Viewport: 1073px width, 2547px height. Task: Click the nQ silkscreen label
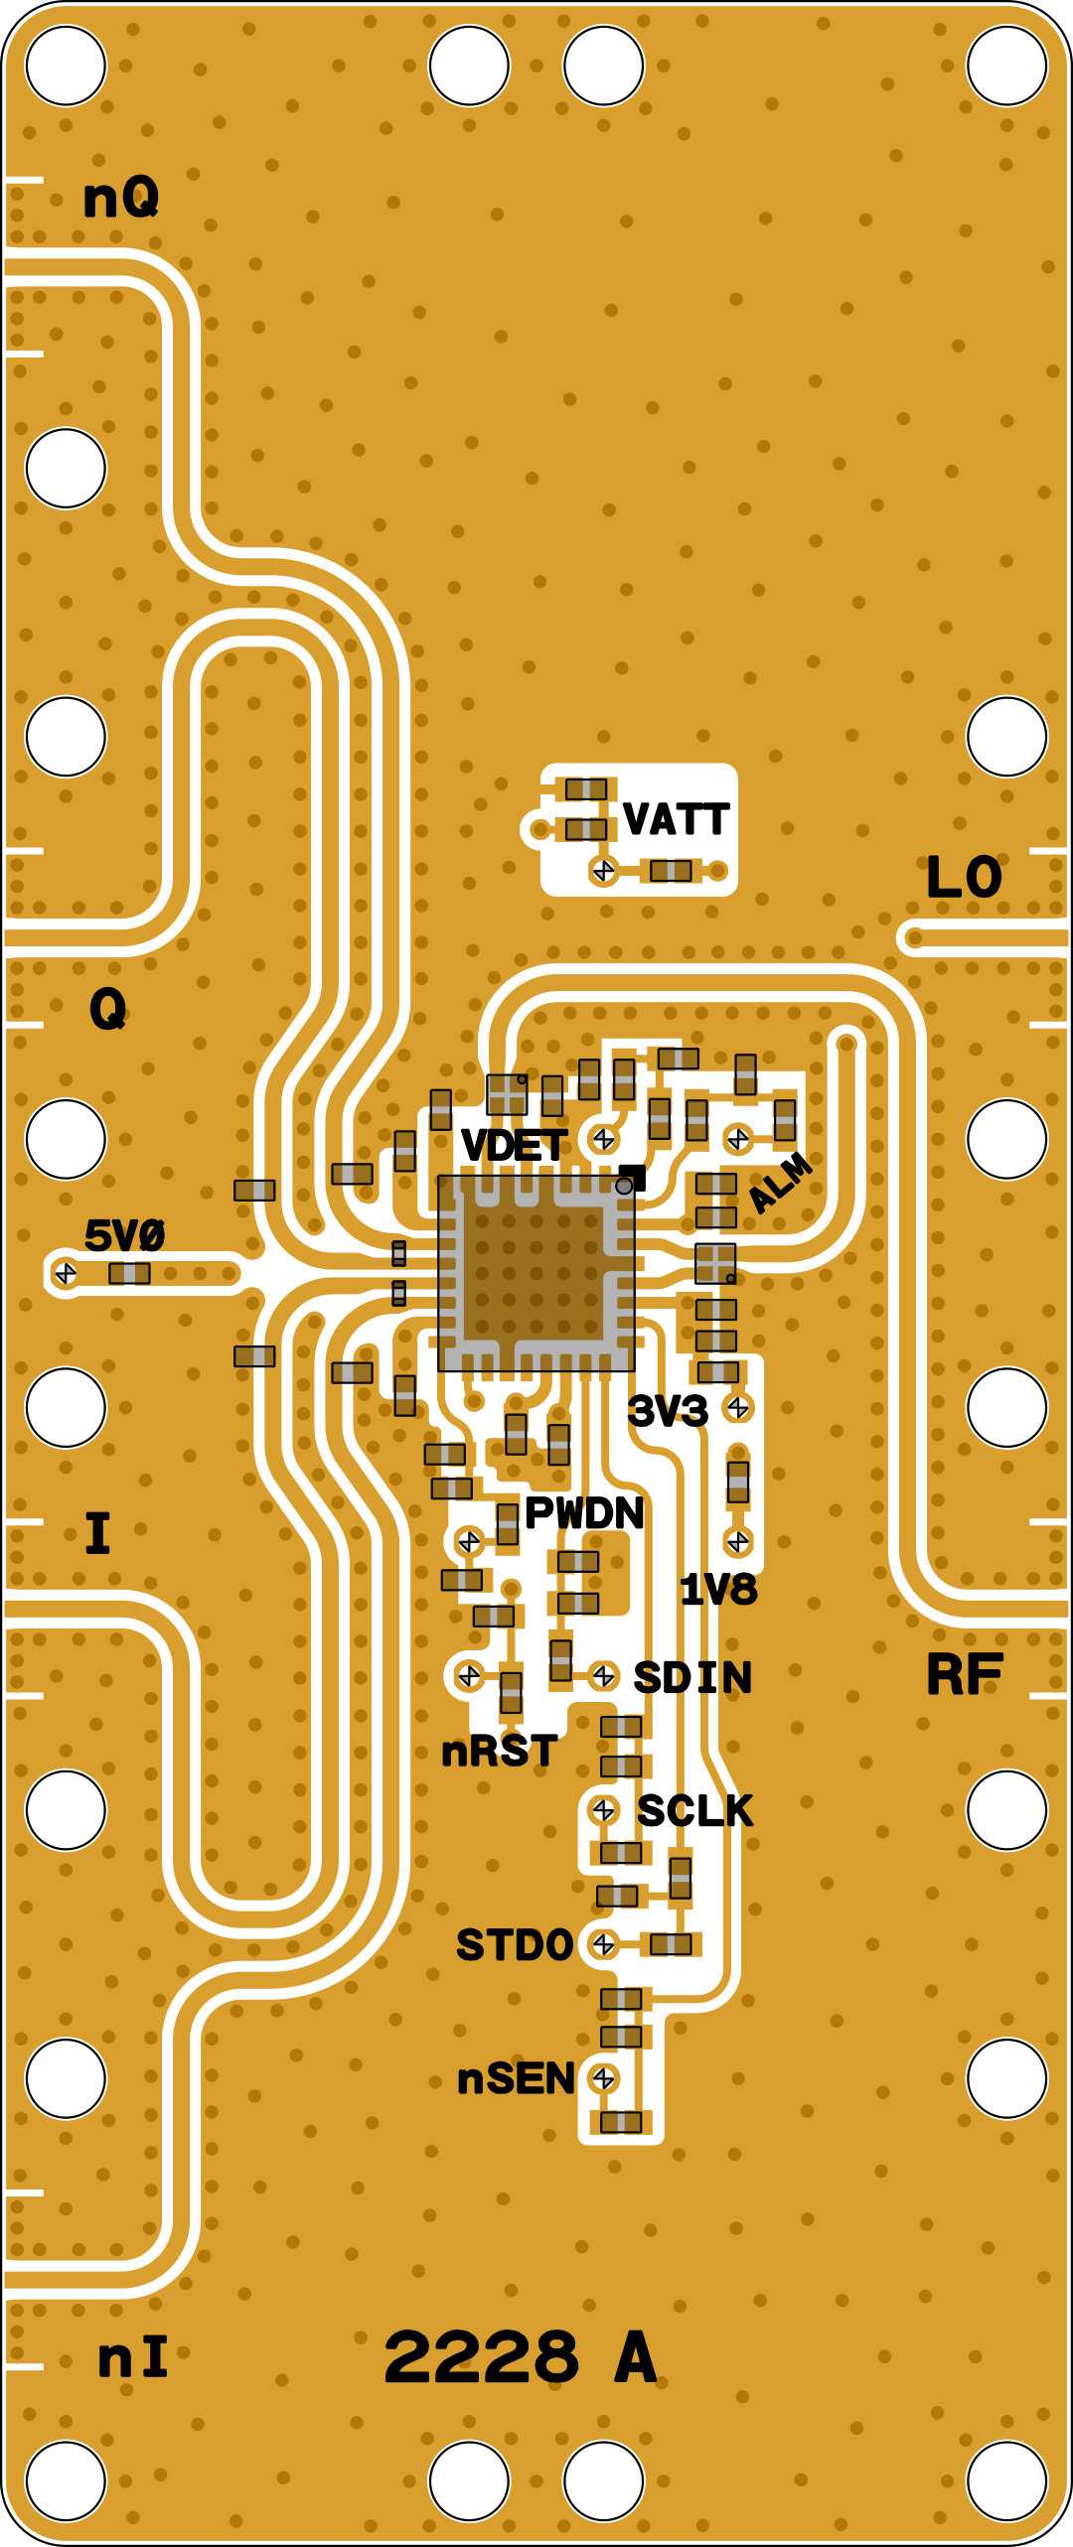coord(120,197)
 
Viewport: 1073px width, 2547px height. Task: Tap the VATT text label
coord(677,820)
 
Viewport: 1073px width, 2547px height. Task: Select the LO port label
coord(964,878)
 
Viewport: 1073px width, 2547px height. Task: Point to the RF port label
coord(965,1675)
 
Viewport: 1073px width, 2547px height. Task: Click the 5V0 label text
coord(124,1236)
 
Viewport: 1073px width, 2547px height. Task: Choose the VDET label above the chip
coord(515,1146)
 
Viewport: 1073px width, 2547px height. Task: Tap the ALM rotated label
coord(780,1183)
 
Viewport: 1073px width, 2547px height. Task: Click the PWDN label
coord(584,1513)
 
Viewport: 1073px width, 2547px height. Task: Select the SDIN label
coord(692,1678)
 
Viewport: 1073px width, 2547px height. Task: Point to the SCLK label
coord(694,1811)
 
